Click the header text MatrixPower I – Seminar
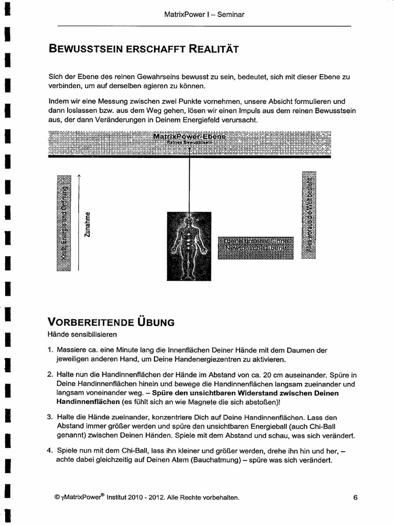(x=204, y=14)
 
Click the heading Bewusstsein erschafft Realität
(x=143, y=49)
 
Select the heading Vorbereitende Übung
(x=111, y=322)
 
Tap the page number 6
(x=355, y=497)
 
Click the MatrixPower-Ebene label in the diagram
(x=189, y=137)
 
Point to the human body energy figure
(x=189, y=246)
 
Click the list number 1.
(x=50, y=351)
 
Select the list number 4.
(x=50, y=451)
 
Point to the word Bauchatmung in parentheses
(x=222, y=460)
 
